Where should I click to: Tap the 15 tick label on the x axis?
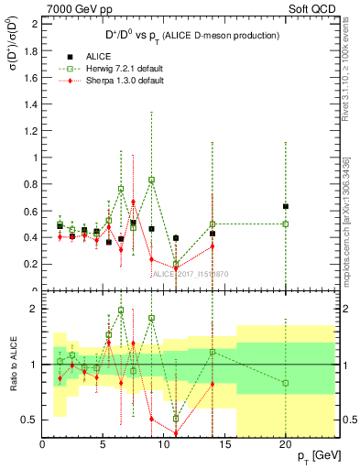point(224,444)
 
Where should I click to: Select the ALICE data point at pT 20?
point(286,206)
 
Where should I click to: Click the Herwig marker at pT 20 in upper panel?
point(286,224)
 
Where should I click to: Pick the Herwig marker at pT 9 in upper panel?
point(152,180)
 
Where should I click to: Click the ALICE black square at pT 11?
point(176,238)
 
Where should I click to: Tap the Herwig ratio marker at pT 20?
point(286,383)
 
